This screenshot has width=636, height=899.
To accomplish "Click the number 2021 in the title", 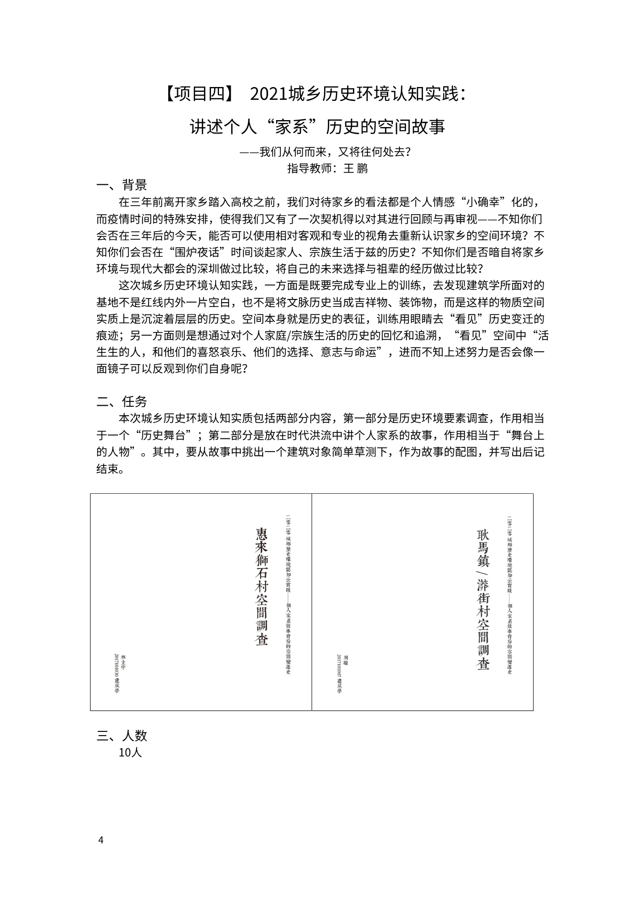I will [268, 94].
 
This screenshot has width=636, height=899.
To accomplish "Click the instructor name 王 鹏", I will [356, 169].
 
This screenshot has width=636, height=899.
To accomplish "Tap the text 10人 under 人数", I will [130, 753].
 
